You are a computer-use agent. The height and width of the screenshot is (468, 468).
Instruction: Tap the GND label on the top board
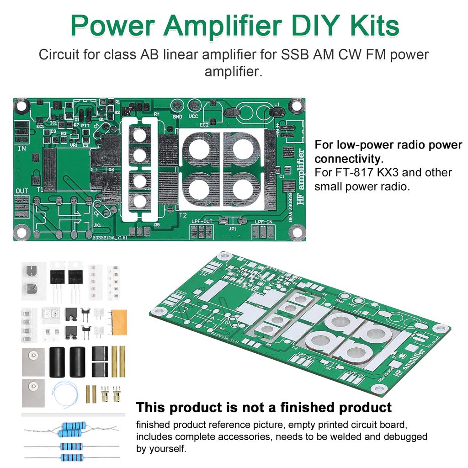tap(177, 117)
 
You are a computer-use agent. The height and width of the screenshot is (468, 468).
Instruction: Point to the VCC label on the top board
tap(194, 117)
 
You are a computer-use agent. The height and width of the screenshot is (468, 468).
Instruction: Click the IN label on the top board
tap(22, 149)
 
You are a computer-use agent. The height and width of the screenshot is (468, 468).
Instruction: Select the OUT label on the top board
tap(22, 191)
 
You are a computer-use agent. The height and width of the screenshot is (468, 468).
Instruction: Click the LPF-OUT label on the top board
tap(201, 222)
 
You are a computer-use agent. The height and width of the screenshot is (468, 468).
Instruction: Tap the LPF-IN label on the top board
tap(265, 222)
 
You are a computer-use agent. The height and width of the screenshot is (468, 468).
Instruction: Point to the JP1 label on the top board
tap(232, 229)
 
